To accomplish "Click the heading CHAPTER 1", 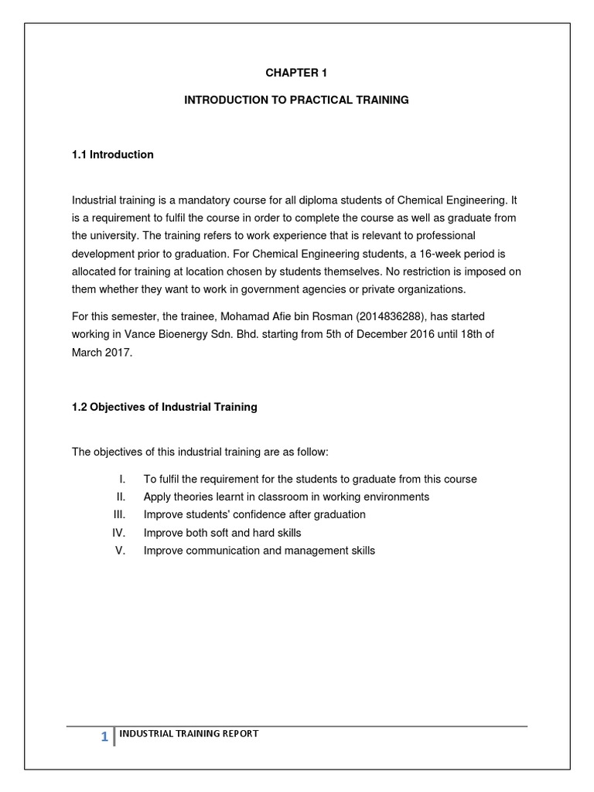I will (296, 73).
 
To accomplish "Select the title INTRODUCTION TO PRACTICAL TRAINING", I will (296, 101).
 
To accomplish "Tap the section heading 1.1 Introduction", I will (113, 155).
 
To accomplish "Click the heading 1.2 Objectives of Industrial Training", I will (165, 407).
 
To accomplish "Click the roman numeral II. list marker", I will (121, 497).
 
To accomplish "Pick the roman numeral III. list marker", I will (119, 514).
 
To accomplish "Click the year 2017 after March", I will (121, 352).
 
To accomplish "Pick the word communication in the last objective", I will (222, 551).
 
